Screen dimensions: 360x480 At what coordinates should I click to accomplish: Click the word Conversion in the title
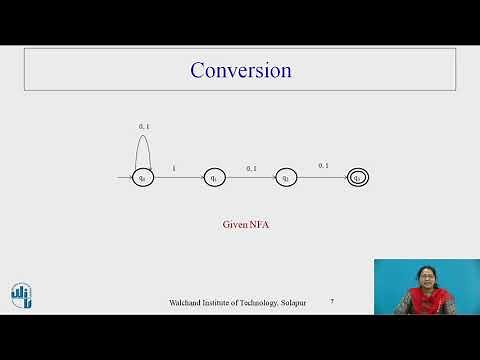click(240, 70)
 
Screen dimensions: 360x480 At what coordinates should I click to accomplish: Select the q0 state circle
click(143, 178)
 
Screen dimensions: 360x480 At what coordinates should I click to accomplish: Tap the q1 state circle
click(214, 178)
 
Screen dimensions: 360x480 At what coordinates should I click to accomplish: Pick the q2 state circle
click(286, 178)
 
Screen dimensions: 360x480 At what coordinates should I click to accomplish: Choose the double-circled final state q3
click(357, 178)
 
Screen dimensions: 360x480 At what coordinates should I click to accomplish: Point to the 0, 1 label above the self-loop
click(143, 126)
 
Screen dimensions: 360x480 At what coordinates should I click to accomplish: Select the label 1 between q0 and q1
click(176, 168)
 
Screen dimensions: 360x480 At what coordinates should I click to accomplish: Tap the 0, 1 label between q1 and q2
click(251, 168)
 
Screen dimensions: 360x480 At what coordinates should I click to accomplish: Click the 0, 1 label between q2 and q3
click(323, 165)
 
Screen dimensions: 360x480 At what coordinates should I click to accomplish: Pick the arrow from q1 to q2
click(250, 178)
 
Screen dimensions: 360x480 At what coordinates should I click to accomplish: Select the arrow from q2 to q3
click(322, 178)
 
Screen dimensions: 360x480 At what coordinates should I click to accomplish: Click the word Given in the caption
click(234, 225)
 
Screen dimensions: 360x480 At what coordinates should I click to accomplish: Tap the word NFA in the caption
click(258, 225)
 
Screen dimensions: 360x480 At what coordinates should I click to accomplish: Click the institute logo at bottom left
click(21, 294)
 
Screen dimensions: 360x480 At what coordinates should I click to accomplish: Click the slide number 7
click(332, 301)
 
